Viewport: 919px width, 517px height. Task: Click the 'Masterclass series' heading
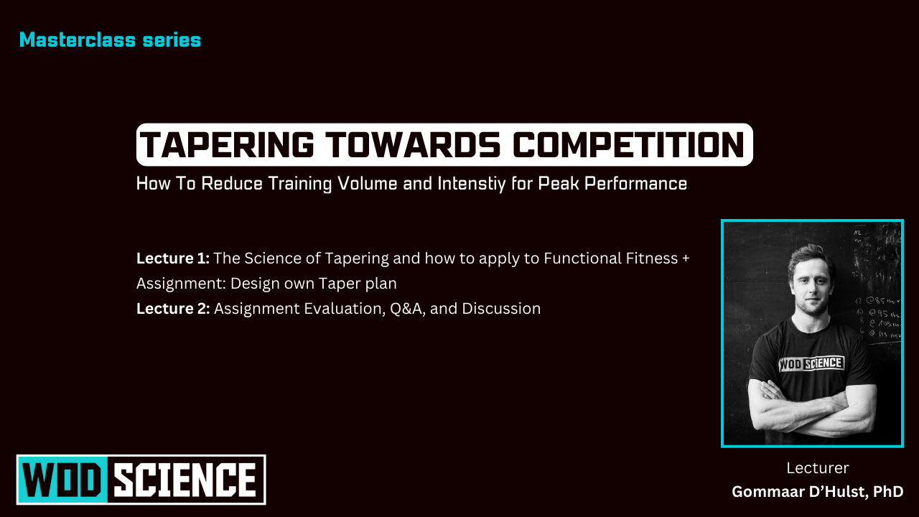click(x=110, y=40)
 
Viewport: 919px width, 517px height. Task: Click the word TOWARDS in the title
click(x=416, y=145)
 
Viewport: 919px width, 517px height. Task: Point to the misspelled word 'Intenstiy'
click(x=470, y=184)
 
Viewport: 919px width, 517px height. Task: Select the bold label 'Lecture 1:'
click(x=172, y=258)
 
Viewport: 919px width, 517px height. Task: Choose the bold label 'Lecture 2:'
click(x=172, y=309)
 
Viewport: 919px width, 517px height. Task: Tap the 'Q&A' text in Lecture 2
click(x=407, y=309)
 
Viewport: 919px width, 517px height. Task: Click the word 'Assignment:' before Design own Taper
click(x=181, y=284)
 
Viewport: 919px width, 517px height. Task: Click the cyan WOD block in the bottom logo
click(x=62, y=479)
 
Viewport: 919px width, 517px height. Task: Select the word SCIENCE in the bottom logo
click(x=186, y=479)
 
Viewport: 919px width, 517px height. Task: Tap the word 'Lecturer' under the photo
click(x=817, y=468)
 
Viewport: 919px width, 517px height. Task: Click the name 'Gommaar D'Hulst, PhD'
click(x=817, y=492)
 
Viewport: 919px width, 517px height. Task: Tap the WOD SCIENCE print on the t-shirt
click(x=811, y=363)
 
